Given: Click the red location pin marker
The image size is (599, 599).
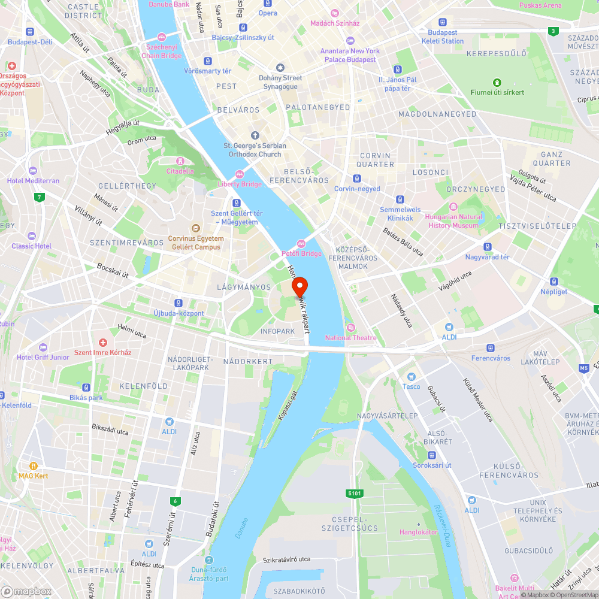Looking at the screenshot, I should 299,288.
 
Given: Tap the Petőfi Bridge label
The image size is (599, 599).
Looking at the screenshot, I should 302,253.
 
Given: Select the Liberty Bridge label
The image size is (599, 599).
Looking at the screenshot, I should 240,184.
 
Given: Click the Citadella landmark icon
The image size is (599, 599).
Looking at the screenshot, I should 180,161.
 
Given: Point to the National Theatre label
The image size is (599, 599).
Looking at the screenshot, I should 351,338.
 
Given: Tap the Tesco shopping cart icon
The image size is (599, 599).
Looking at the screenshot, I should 411,376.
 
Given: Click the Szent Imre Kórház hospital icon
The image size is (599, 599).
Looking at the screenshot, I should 102,343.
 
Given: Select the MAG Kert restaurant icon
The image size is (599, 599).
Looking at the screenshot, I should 33,465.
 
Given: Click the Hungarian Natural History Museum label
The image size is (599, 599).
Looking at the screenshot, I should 453,221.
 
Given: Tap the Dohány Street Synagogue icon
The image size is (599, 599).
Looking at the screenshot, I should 280,68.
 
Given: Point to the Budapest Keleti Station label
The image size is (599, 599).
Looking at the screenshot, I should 443,37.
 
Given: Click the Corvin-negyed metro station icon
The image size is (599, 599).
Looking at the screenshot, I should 357,178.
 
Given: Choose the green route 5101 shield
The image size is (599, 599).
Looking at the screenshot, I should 355,494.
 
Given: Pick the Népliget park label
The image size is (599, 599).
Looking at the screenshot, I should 553,292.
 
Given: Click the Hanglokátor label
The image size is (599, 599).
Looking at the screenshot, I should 419,532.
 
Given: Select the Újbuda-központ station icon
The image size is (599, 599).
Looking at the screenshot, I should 179,303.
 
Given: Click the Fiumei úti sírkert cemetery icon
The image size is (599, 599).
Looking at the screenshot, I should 497,82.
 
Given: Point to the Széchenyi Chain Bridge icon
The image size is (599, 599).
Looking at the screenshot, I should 161,37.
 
